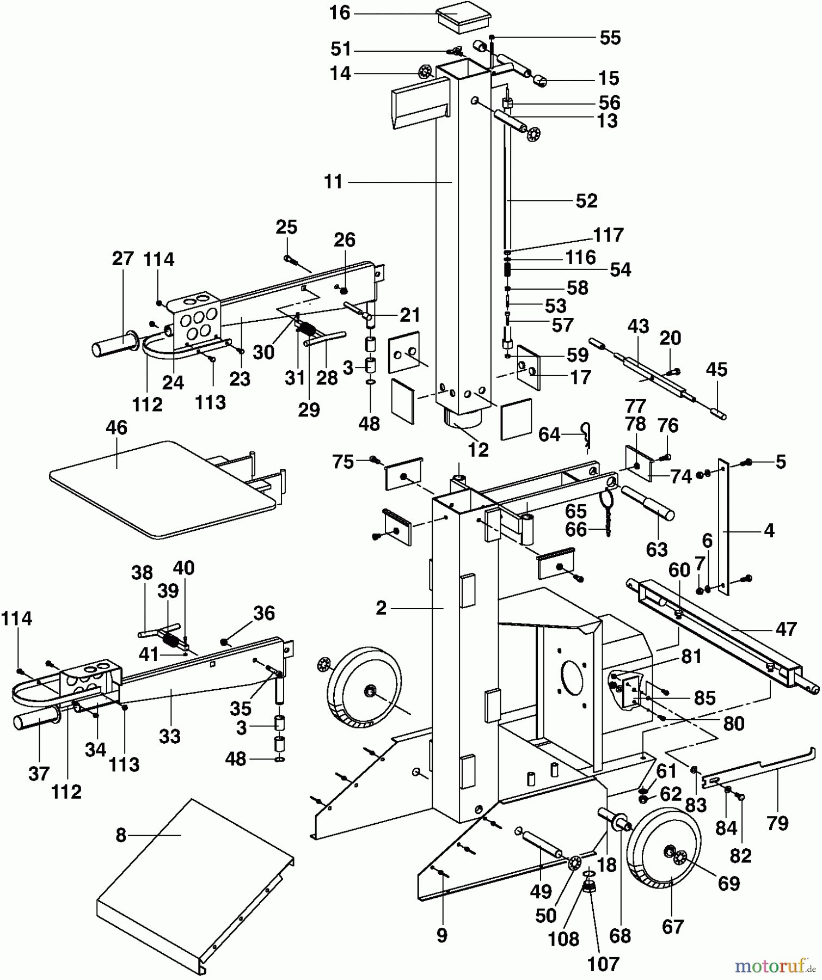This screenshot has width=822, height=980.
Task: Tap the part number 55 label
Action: click(x=610, y=38)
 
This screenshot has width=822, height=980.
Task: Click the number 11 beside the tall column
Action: click(x=333, y=182)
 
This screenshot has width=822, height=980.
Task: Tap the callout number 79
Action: click(x=777, y=823)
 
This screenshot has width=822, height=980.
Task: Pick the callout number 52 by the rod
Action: click(x=586, y=201)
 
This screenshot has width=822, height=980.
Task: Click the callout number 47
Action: click(x=785, y=629)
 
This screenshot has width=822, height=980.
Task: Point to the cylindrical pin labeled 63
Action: click(x=648, y=503)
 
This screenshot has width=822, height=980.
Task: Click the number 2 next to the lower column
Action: click(x=381, y=608)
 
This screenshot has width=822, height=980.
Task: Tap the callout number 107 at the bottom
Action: click(x=603, y=964)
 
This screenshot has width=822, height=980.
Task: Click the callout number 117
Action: click(x=608, y=235)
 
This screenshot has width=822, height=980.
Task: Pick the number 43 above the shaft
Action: click(x=638, y=326)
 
